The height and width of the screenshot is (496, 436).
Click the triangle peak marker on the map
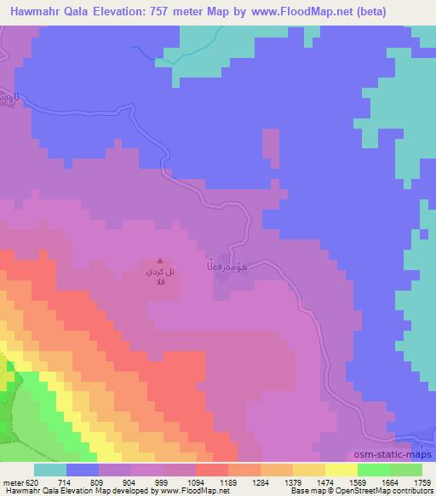click(159, 261)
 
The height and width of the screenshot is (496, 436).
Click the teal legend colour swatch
click(49, 470)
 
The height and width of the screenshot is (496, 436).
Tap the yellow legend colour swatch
click(341, 470)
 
